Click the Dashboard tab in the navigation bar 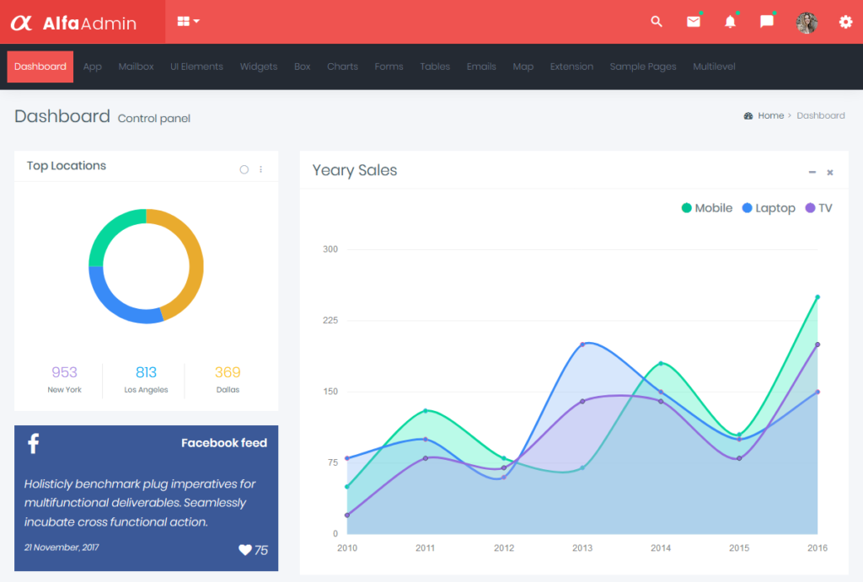[x=40, y=67]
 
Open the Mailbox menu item [x=136, y=67]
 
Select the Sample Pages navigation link [x=642, y=67]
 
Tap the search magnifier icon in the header [x=657, y=22]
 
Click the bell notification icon [x=730, y=22]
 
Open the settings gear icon [x=845, y=22]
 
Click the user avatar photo [x=807, y=23]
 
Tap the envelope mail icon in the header [x=693, y=22]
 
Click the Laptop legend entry [x=768, y=208]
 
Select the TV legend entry [x=818, y=208]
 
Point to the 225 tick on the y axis [x=330, y=320]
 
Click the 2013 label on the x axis [x=582, y=547]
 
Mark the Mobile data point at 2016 [x=817, y=296]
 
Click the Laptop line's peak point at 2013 [x=582, y=344]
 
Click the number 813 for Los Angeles [x=146, y=372]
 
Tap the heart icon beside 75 [x=245, y=550]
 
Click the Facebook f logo [x=33, y=443]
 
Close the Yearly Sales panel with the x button [x=830, y=173]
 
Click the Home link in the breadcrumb [x=770, y=115]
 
